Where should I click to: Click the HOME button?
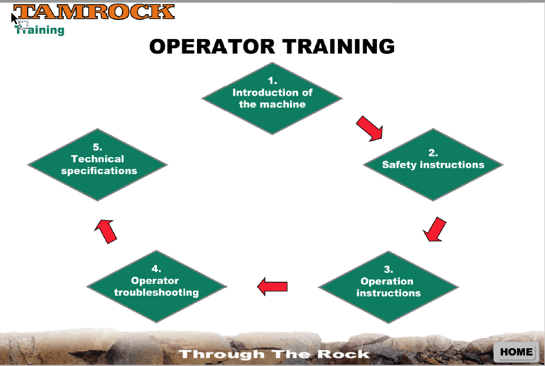(x=516, y=352)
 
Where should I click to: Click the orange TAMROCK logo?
(x=94, y=12)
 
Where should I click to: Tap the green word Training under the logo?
(x=40, y=30)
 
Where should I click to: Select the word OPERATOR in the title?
(x=212, y=46)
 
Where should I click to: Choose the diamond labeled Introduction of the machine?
(x=272, y=99)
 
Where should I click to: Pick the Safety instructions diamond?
(x=433, y=165)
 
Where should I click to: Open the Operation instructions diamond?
(x=389, y=287)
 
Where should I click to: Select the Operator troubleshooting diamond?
(x=156, y=287)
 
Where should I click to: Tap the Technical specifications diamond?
(x=98, y=165)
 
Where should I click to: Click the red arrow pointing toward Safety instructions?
(x=370, y=129)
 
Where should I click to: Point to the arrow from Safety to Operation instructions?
(x=435, y=230)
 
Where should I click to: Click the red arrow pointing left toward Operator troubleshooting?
(x=272, y=286)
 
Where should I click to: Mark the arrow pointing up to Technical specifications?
(x=106, y=231)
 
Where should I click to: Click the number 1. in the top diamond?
(x=272, y=81)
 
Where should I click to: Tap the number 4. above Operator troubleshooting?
(x=156, y=269)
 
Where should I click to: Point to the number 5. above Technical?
(x=98, y=147)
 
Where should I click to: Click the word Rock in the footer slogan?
(x=343, y=354)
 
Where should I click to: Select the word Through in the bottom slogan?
(x=221, y=355)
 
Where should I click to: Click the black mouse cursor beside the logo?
(x=14, y=18)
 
